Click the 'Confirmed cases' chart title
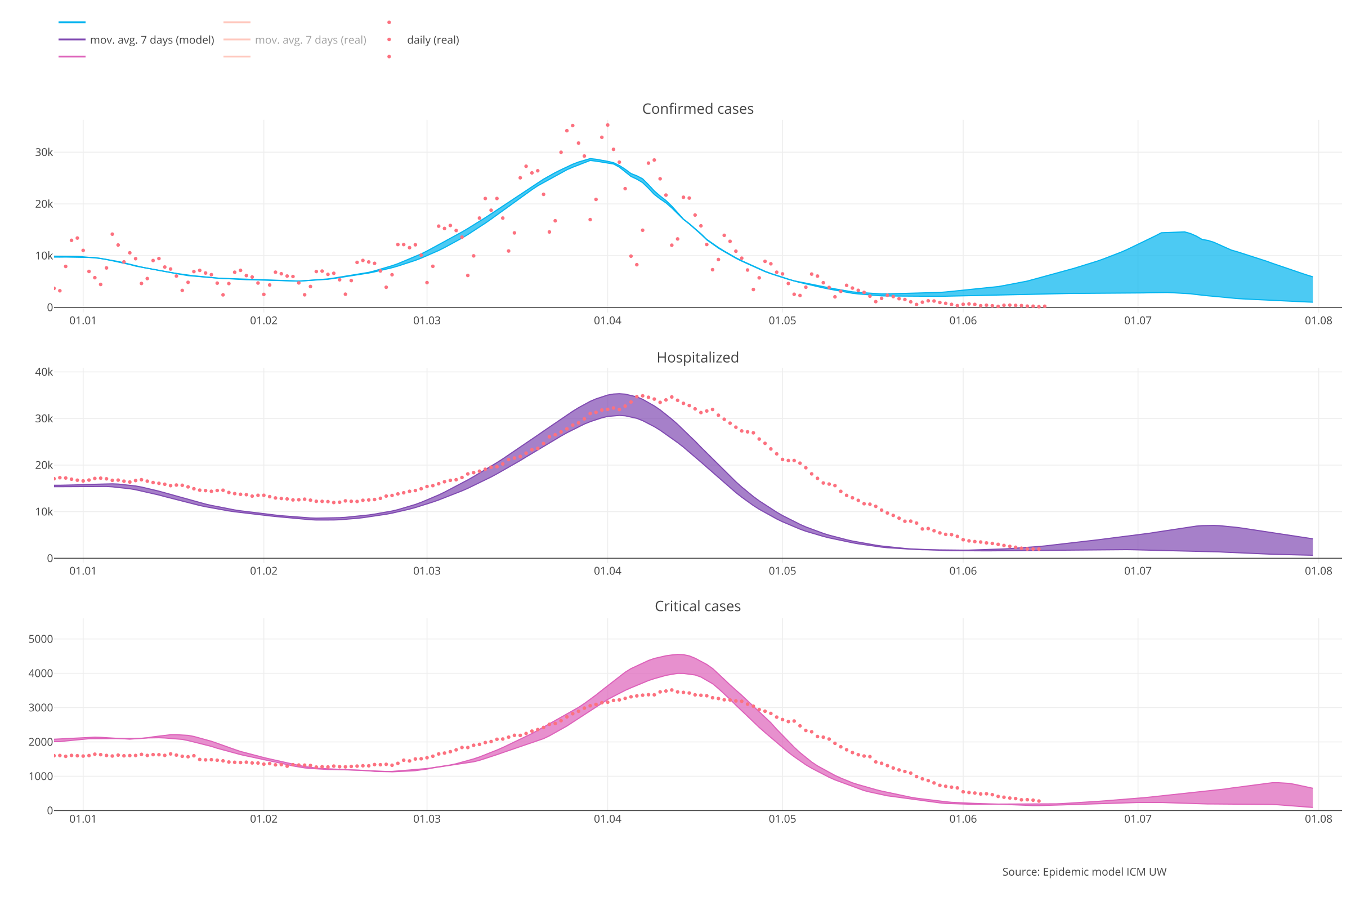point(697,109)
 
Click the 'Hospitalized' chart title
point(697,358)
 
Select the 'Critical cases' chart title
point(697,606)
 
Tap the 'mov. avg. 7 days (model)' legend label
point(151,40)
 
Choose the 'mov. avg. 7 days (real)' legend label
point(310,40)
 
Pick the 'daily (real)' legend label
point(432,40)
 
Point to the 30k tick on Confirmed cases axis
point(44,152)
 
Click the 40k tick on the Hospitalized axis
point(44,372)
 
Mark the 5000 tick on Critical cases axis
point(40,639)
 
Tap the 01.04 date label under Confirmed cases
point(607,320)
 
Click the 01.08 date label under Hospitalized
point(1318,571)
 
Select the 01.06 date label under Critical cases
point(963,819)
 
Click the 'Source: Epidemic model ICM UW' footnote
point(1084,872)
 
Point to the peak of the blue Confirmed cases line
point(590,159)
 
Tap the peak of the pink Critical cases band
point(679,654)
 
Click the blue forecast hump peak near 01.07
point(1183,232)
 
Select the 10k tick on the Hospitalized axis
point(44,511)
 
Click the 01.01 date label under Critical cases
point(83,819)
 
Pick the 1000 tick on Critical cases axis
point(40,777)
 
